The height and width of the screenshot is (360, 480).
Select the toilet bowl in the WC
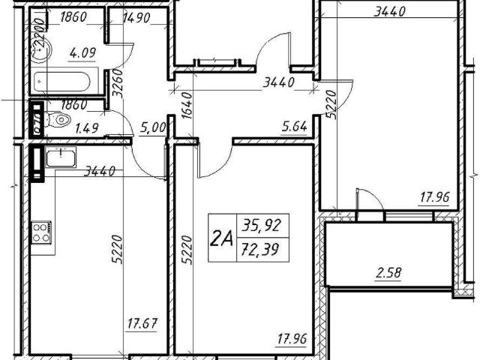tap(59, 120)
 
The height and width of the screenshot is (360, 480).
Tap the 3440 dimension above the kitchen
tap(98, 171)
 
